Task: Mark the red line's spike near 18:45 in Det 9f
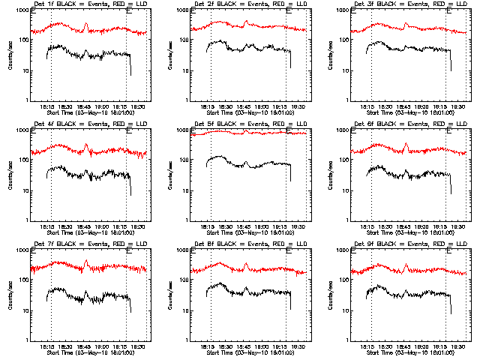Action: click(x=406, y=265)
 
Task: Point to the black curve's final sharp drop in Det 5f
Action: click(x=290, y=174)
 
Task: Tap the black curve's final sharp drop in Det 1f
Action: click(x=130, y=67)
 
